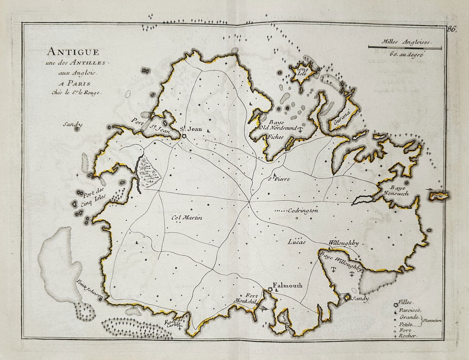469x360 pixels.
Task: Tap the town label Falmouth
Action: (287, 285)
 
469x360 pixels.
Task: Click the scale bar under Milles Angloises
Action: (405, 47)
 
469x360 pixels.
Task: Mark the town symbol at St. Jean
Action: (184, 135)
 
